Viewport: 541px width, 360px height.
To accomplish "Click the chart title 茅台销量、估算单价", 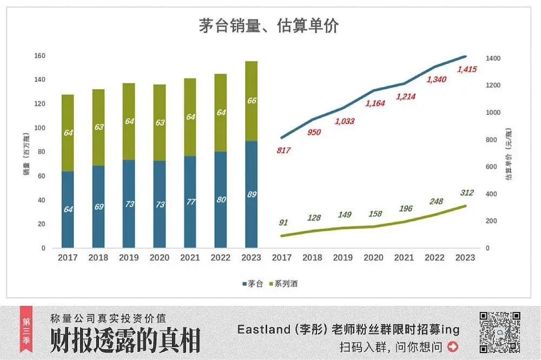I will pos(269,26).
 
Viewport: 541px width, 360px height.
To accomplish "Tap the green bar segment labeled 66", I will pos(251,101).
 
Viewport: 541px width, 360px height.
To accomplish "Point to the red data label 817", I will pos(283,150).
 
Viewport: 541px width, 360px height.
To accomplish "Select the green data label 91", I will pos(283,222).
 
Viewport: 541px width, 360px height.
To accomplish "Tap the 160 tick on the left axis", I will pos(39,56).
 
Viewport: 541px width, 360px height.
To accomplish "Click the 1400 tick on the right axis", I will pos(492,58).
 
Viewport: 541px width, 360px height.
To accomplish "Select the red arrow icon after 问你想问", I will pos(452,346).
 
